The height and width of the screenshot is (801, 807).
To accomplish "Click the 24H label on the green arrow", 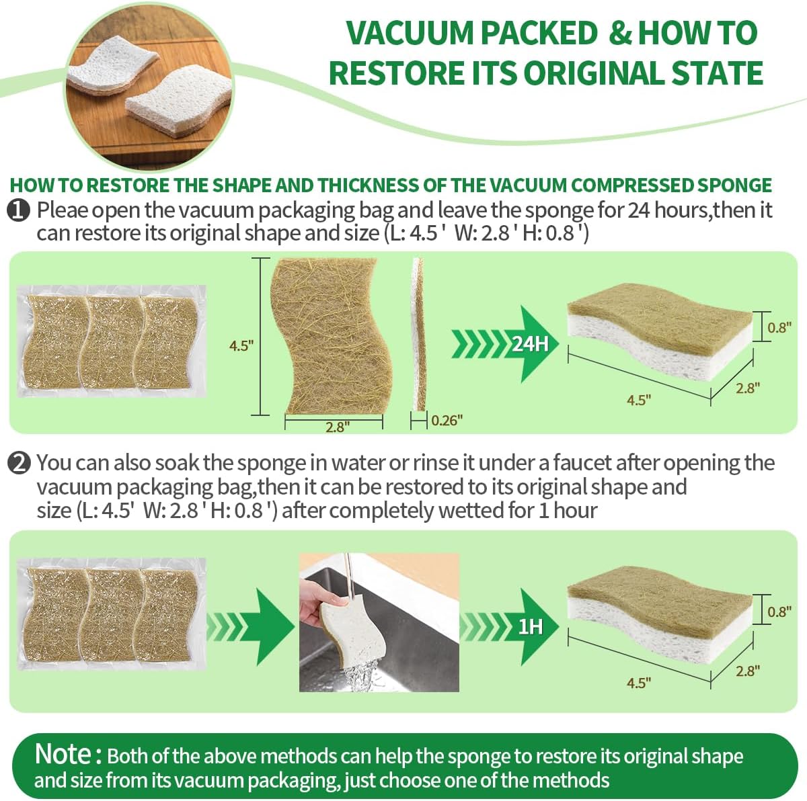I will pyautogui.click(x=531, y=344).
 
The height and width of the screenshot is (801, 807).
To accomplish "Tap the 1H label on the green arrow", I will pyautogui.click(x=531, y=627).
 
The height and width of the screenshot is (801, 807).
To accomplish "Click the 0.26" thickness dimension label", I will pyautogui.click(x=447, y=421).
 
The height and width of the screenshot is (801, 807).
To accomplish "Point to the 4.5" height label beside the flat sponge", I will pyautogui.click(x=240, y=346).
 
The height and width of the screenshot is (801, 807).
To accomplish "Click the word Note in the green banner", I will pyautogui.click(x=63, y=754).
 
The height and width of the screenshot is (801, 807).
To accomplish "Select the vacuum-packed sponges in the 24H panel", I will pyautogui.click(x=111, y=341).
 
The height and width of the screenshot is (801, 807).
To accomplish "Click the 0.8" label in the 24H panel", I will pyautogui.click(x=777, y=328).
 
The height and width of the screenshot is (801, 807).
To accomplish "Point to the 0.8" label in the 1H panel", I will pyautogui.click(x=777, y=612).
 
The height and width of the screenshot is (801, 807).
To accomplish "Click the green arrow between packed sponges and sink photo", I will pyautogui.click(x=252, y=626).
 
